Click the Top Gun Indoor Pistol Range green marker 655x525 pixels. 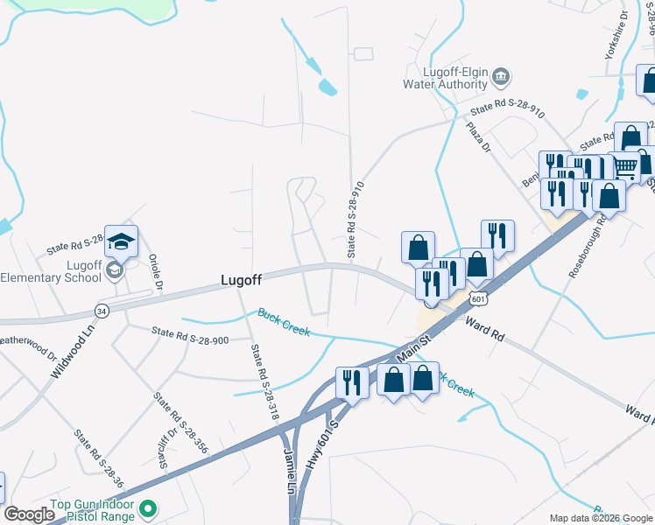coord(149,507)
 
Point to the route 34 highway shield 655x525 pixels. coord(102,311)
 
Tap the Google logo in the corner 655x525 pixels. coord(29,514)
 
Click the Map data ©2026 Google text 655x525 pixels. coord(600,518)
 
